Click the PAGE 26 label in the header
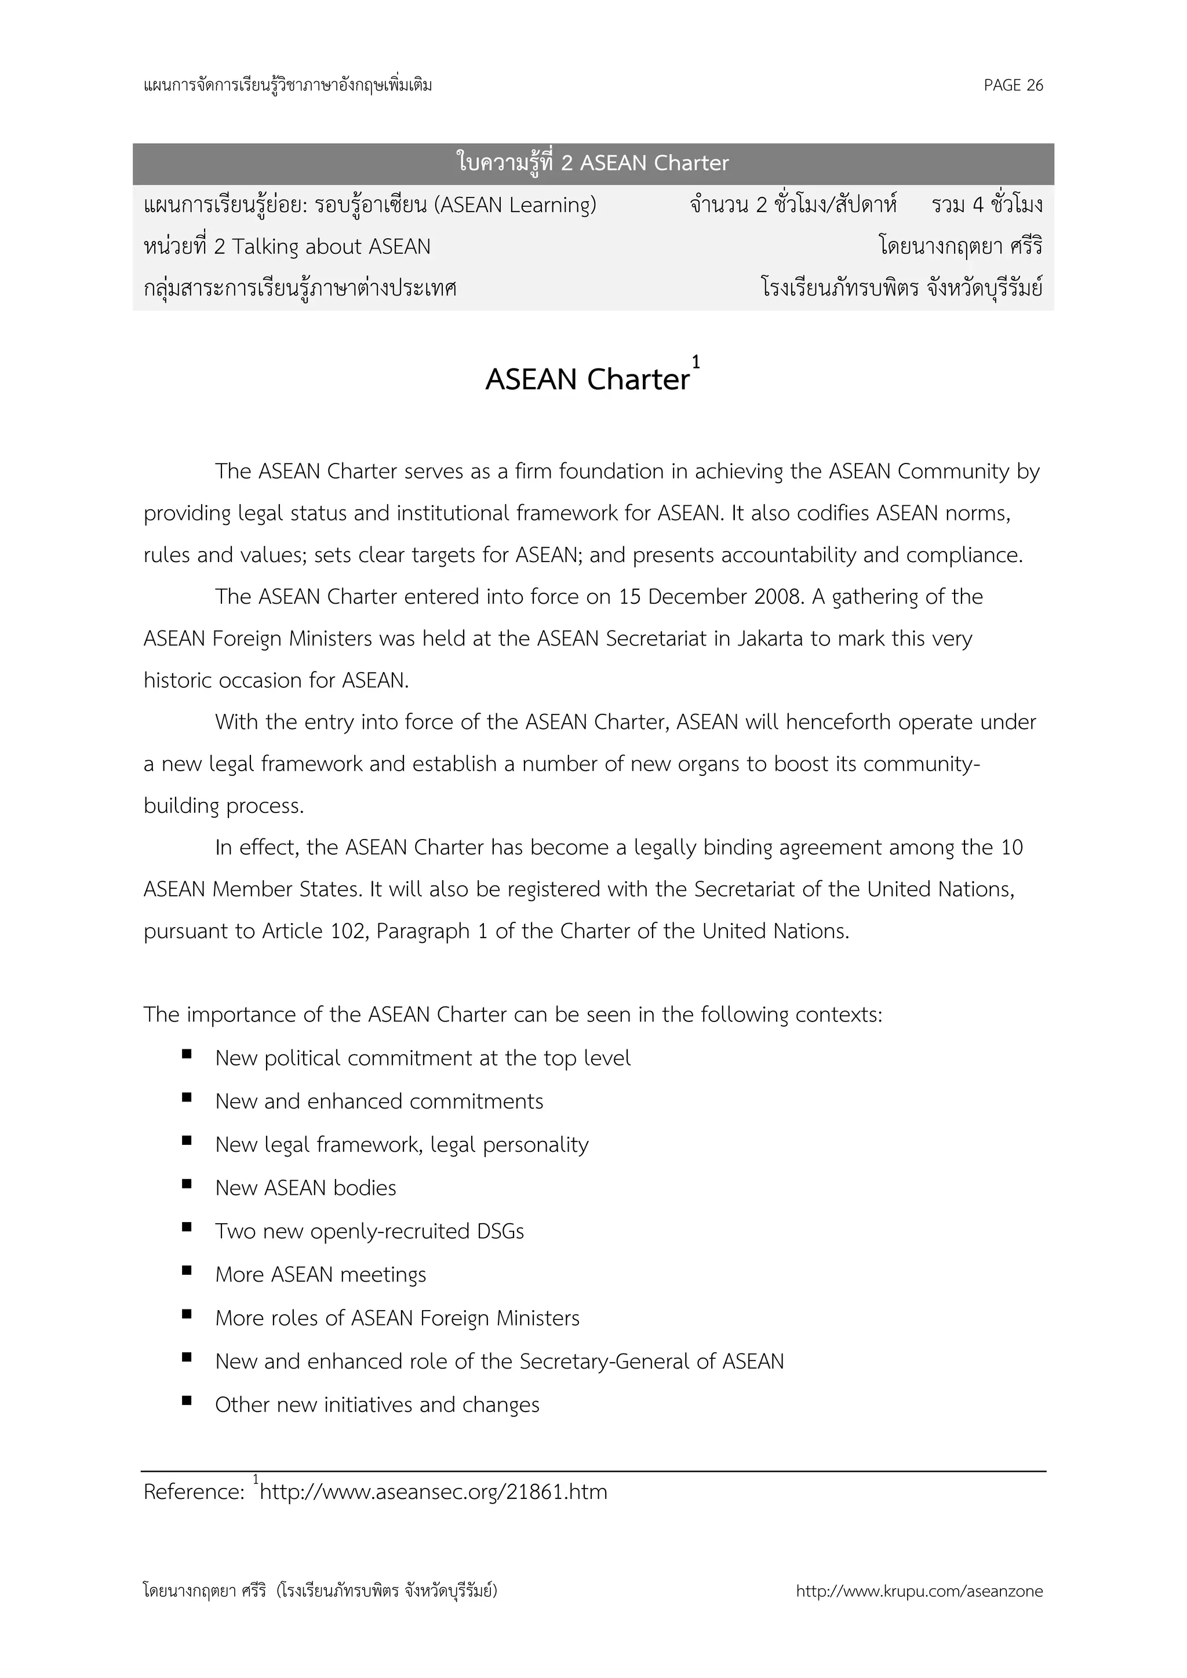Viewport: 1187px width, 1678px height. pyautogui.click(x=1013, y=86)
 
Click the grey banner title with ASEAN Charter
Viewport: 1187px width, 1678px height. pyautogui.click(x=593, y=163)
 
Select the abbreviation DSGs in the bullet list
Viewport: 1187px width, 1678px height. pyautogui.click(x=501, y=1231)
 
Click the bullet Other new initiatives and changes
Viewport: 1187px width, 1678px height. pyautogui.click(x=377, y=1405)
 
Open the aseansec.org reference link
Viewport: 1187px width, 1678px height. pyautogui.click(x=434, y=1491)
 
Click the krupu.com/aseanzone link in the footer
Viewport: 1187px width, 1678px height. pyautogui.click(x=919, y=1592)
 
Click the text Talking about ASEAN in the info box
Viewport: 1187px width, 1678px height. pyautogui.click(x=331, y=246)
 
